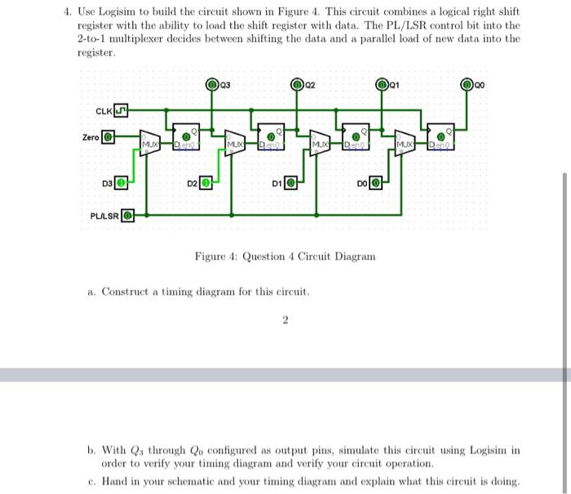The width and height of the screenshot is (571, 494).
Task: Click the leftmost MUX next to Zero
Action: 150,143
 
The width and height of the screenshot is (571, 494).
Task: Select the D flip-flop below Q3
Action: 185,138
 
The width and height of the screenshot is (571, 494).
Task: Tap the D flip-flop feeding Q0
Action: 440,138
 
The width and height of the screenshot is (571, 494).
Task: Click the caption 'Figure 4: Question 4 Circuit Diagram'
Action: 285,256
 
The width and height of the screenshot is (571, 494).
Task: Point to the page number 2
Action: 285,321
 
